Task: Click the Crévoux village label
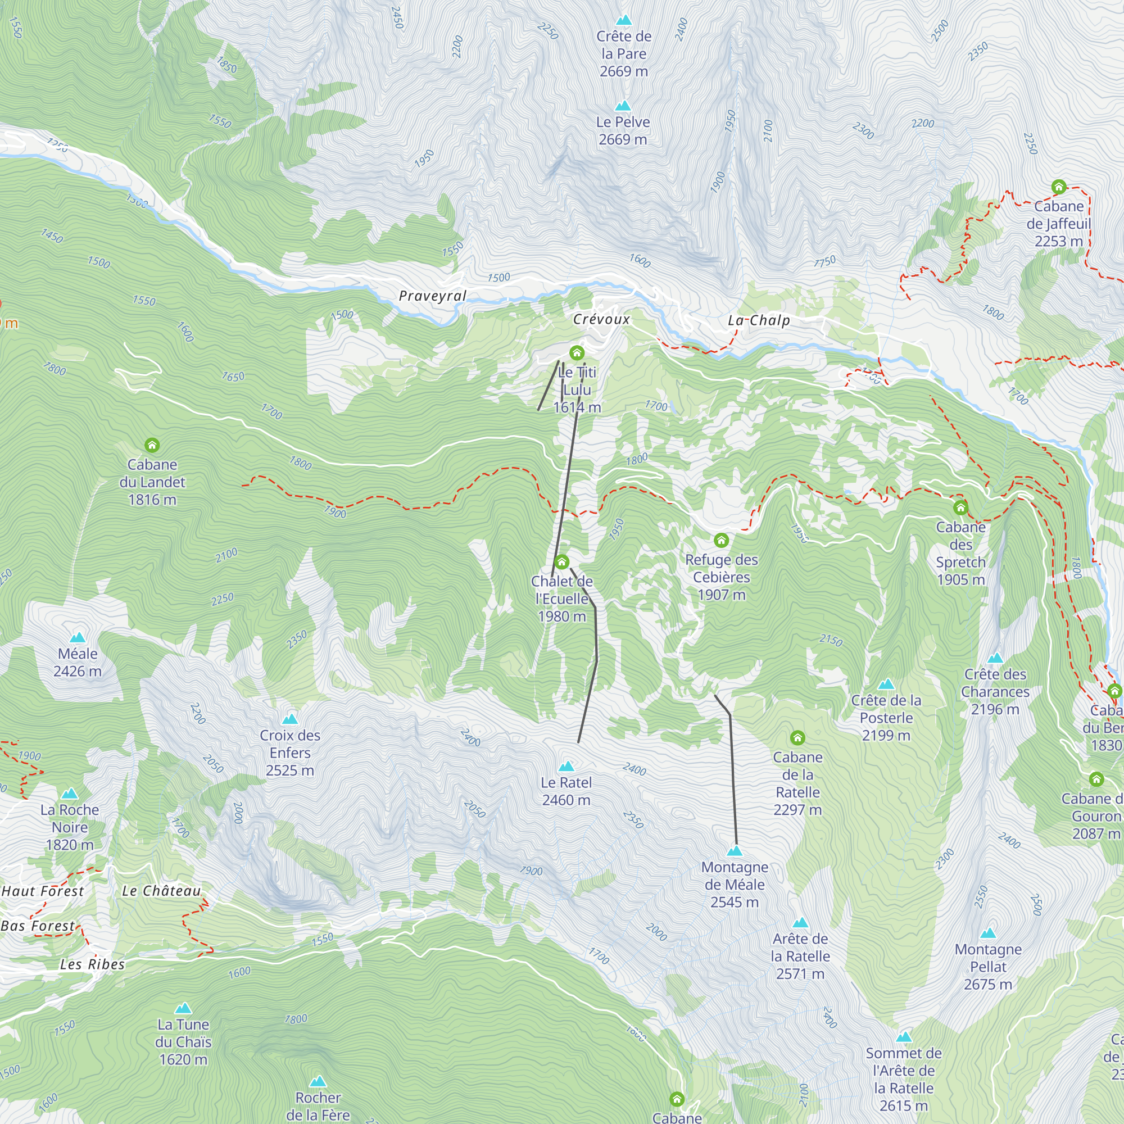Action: coord(601,319)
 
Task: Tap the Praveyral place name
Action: coord(432,296)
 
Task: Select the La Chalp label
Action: coord(759,320)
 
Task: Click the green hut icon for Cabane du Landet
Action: coord(152,445)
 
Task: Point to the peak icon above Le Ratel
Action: coord(566,766)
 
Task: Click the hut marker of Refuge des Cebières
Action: coord(722,540)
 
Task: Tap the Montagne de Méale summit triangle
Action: coord(735,851)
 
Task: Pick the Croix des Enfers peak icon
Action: coord(290,719)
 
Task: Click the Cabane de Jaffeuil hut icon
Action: coord(1059,187)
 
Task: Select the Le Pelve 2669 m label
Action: coord(623,131)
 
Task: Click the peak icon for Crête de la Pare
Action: coord(624,20)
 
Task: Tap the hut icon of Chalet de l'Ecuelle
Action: coord(561,561)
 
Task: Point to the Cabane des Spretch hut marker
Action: coord(960,508)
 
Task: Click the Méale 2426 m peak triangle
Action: coord(78,638)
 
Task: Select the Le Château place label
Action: coord(161,891)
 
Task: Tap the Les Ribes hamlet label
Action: coord(93,964)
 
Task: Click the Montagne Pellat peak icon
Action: coord(988,933)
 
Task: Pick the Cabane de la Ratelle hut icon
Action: coord(797,738)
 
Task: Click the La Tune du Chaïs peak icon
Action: coord(183,1008)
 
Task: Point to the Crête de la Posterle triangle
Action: coord(886,683)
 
